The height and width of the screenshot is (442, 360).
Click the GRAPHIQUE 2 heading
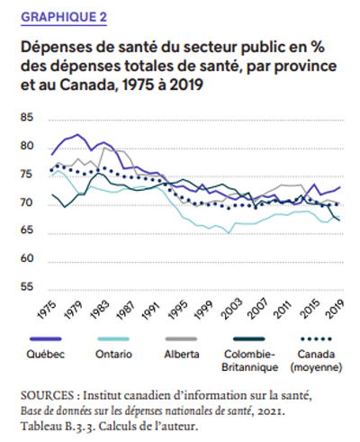[64, 17]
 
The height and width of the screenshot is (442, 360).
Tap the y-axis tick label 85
[27, 117]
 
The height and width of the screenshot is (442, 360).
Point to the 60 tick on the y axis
[27, 258]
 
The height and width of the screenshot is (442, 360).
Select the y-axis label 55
[27, 286]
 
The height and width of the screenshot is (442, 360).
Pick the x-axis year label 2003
[232, 309]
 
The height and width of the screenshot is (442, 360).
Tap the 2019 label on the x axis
[335, 309]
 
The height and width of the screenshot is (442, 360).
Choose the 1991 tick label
[151, 310]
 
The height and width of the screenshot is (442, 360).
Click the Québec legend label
[46, 354]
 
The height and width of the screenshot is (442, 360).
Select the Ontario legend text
[113, 354]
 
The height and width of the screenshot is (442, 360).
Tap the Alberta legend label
[182, 354]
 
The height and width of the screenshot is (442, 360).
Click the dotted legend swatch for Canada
[316, 339]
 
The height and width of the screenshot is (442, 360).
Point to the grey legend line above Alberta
[181, 339]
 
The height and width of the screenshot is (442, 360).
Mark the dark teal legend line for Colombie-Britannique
[249, 339]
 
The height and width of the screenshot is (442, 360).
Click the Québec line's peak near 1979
[77, 134]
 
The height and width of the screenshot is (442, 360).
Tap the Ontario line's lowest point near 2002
[229, 233]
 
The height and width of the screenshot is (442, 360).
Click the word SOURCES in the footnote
[47, 395]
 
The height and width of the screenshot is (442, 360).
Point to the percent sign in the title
[318, 47]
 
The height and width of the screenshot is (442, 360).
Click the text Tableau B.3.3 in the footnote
[58, 426]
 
